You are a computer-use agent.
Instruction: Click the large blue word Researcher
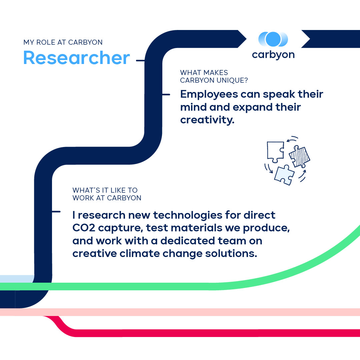pos(77,58)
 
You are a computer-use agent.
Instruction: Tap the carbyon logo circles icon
pos(273,39)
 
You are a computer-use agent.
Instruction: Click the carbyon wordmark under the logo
pos(273,55)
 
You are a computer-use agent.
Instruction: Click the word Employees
pos(209,95)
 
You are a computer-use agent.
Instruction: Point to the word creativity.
pos(207,120)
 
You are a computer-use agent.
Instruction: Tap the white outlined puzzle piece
pos(276,152)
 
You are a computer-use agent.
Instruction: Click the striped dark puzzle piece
pos(299,156)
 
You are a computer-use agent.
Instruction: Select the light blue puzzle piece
pos(284,175)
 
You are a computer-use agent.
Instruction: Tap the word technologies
pos(188,215)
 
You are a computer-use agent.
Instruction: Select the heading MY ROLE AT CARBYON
pos(63,42)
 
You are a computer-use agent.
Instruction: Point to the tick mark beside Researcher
pos(140,61)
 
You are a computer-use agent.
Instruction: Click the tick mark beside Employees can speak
pos(166,94)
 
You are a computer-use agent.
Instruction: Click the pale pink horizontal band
pos(180,312)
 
